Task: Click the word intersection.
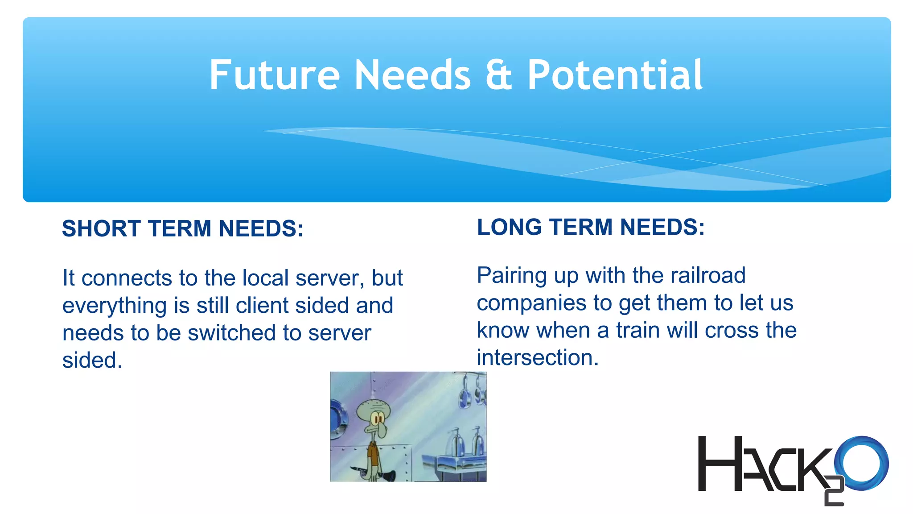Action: [537, 358]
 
